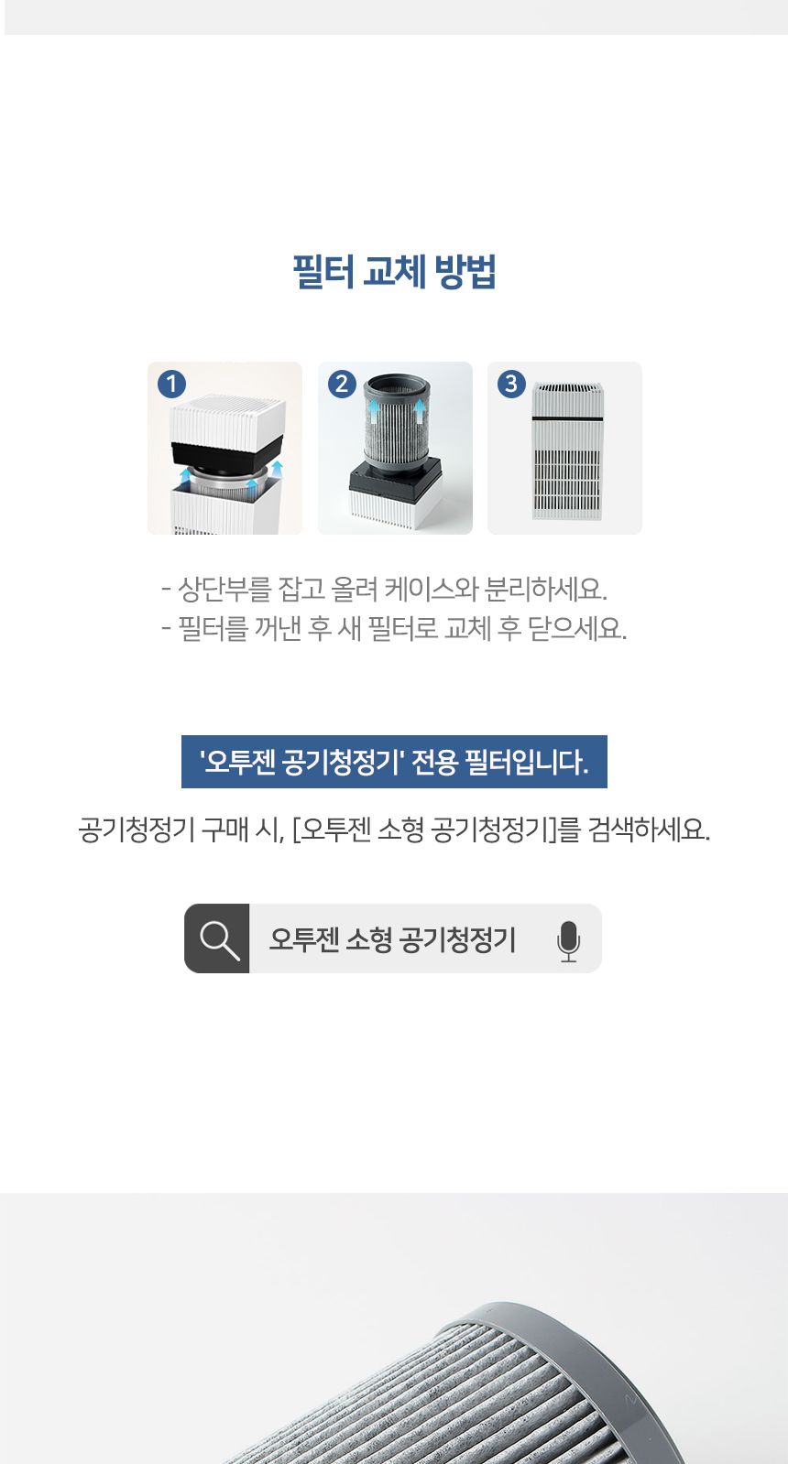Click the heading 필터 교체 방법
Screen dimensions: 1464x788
[x=394, y=272]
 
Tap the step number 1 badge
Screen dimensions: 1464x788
[x=171, y=384]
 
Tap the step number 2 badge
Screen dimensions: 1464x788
[x=342, y=384]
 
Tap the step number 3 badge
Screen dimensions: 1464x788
[x=511, y=384]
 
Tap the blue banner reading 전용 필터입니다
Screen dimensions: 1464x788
[x=394, y=762]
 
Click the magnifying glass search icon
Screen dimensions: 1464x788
[x=218, y=939]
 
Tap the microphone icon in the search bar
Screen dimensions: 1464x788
[x=568, y=940]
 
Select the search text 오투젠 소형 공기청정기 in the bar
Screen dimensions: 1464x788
[x=392, y=939]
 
